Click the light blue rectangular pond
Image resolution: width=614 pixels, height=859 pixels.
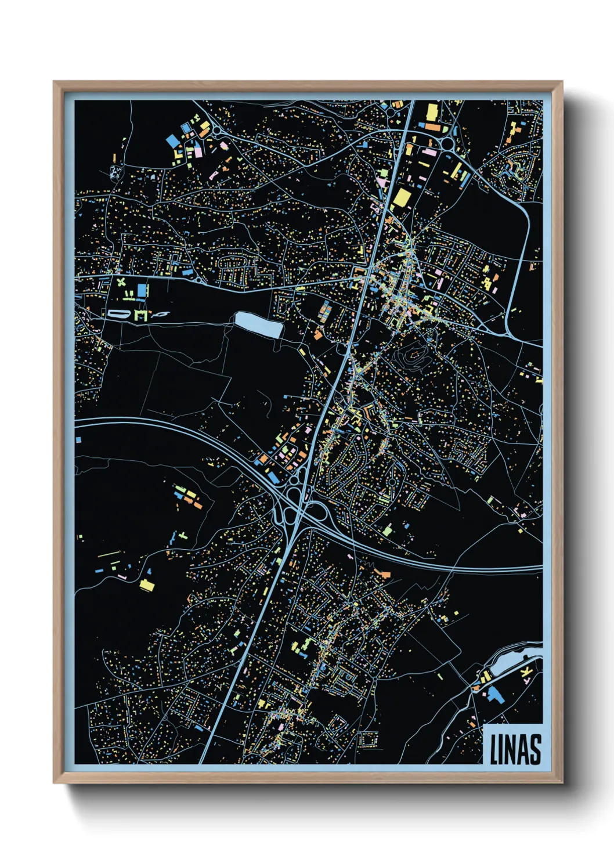click(259, 323)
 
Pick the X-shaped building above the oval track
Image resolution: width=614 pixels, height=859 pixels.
click(121, 283)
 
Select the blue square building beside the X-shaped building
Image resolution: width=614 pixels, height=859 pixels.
click(142, 290)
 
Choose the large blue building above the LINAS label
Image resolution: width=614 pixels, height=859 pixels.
click(495, 694)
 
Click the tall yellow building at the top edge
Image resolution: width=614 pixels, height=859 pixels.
click(431, 111)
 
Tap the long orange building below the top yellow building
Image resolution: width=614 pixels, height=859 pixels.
click(432, 125)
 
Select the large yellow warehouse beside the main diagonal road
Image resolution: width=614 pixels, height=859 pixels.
click(401, 198)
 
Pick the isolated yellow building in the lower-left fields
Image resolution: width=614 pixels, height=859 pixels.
click(147, 585)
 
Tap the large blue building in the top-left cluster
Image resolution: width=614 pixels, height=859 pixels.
click(173, 140)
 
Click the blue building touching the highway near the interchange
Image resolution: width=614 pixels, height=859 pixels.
click(272, 477)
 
